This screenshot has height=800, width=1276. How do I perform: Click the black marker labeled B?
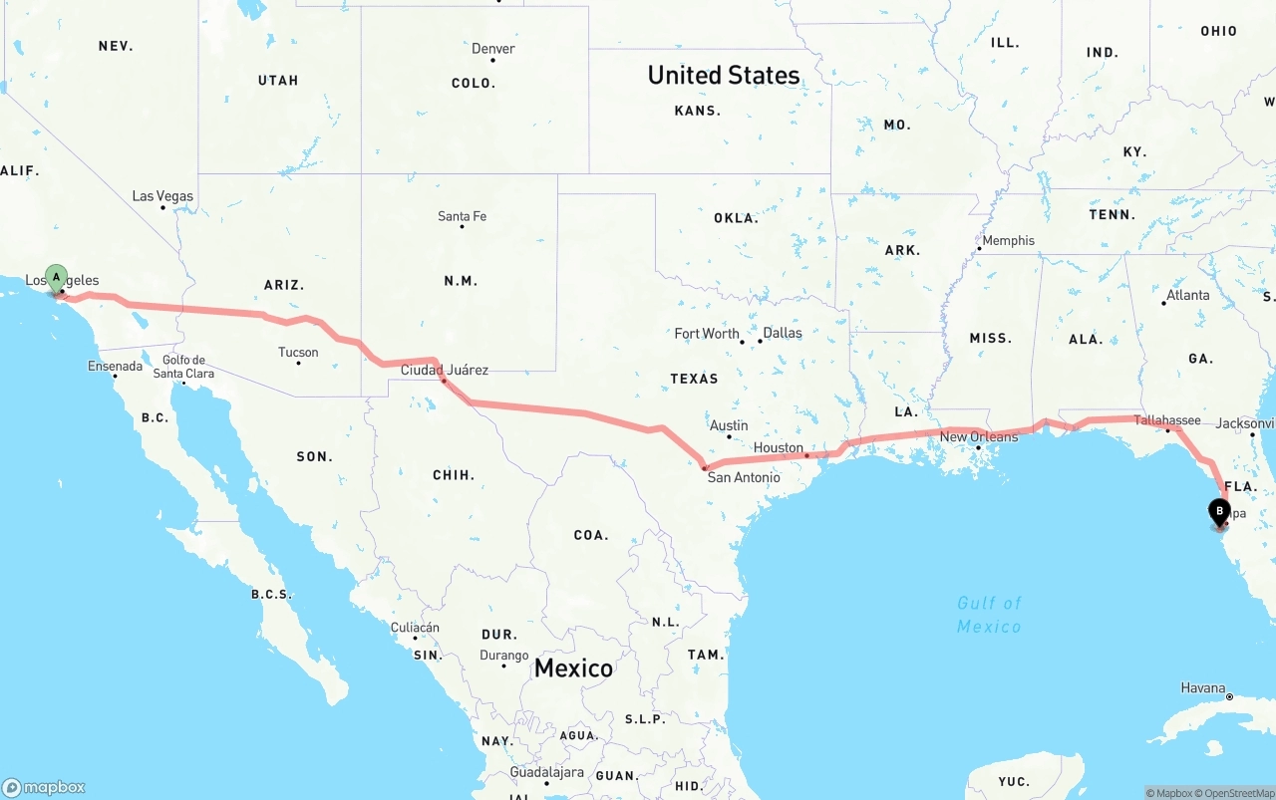[1218, 512]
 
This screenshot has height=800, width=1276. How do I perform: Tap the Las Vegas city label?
[163, 196]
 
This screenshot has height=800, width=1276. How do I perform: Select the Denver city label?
[493, 49]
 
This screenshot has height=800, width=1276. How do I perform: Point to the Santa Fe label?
[462, 216]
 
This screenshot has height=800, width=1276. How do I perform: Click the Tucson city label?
[298, 352]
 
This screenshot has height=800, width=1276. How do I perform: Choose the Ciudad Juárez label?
[445, 370]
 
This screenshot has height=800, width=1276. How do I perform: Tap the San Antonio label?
[744, 477]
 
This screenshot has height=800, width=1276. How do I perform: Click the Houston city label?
[779, 447]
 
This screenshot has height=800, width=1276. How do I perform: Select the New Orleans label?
[979, 436]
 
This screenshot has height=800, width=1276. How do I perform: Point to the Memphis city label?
[1009, 240]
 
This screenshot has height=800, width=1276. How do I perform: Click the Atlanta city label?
[1188, 295]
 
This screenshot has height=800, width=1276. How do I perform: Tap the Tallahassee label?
[1167, 420]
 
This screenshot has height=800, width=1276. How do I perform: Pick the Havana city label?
[1203, 687]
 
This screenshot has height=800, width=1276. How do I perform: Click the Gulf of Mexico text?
[989, 615]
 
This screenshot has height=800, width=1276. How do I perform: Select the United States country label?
[724, 75]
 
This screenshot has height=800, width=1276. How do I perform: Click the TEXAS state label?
[694, 379]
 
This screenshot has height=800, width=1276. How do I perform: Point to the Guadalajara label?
[546, 772]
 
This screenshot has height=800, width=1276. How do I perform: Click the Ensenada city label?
[116, 367]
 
